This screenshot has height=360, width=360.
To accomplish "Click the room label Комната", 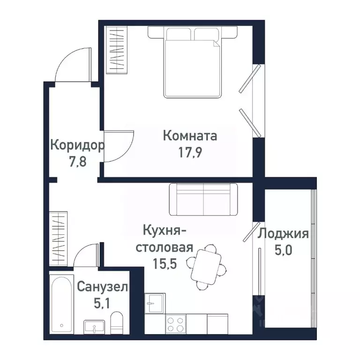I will coord(190,136).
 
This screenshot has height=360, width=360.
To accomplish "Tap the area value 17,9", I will coord(190,153).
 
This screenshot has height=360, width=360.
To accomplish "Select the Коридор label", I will coord(77,145).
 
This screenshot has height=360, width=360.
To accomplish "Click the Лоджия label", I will coord(284,233).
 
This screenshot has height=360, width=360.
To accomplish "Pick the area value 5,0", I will coord(284,250).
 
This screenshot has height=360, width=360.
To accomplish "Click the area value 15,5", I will coord(164,263).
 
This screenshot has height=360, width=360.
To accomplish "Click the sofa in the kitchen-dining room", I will coord(203,197).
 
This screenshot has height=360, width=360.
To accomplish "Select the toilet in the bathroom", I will coord(116,324).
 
